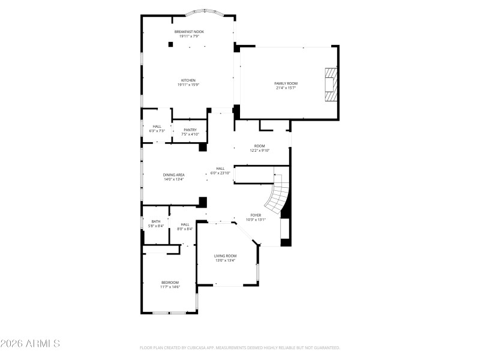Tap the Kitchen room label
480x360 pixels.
click(x=188, y=80)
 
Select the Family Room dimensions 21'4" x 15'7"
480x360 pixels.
click(x=286, y=88)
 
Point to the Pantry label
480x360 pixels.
click(x=190, y=130)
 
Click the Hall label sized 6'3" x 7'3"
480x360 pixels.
click(x=157, y=126)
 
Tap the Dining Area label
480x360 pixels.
click(x=173, y=175)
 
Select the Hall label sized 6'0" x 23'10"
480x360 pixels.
click(x=220, y=169)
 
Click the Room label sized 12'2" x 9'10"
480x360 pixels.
click(x=259, y=146)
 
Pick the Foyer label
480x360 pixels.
click(x=255, y=214)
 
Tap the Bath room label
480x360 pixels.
click(x=155, y=221)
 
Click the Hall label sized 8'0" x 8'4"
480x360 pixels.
click(x=185, y=224)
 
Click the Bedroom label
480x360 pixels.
click(x=170, y=282)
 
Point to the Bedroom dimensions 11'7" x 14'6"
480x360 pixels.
click(x=170, y=287)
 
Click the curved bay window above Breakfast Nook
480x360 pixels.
click(x=205, y=11)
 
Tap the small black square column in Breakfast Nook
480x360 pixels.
click(x=171, y=44)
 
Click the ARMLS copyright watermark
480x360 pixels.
click(x=30, y=344)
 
